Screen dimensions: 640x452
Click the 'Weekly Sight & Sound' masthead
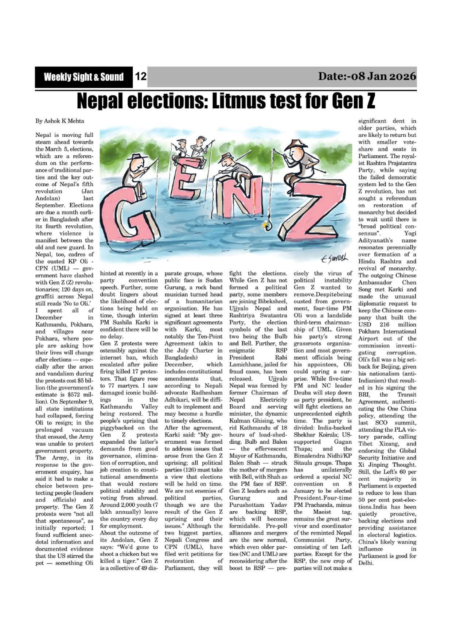(x=83, y=77)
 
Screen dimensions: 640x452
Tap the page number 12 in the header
(x=140, y=77)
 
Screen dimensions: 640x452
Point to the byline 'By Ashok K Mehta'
(x=60, y=121)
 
